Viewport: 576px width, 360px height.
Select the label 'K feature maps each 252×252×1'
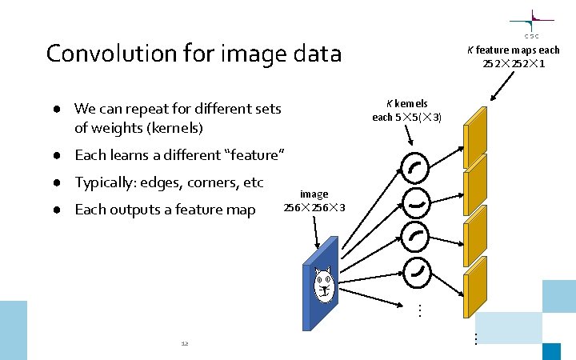coord(514,56)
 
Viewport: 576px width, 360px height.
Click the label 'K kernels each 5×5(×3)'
coord(407,110)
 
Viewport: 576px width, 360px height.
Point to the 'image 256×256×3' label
coord(314,201)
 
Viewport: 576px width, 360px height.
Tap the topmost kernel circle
coord(416,168)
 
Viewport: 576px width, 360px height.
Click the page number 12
coord(185,344)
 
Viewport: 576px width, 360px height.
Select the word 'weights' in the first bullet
coord(116,128)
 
